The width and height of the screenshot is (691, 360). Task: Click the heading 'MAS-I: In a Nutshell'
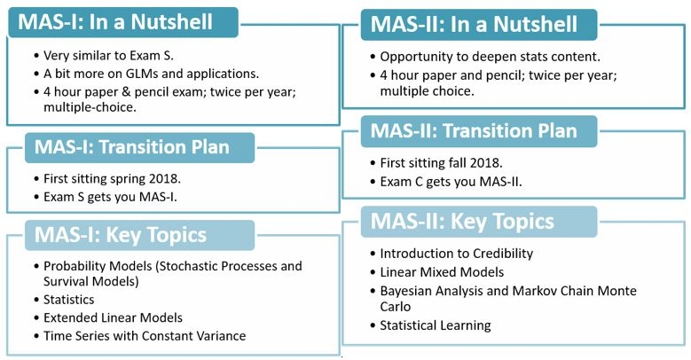tap(115, 21)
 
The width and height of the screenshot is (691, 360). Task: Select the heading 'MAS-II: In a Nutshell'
tap(474, 24)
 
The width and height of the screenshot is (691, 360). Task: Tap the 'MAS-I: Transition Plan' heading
tap(132, 147)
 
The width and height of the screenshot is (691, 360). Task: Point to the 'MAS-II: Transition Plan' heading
tap(474, 131)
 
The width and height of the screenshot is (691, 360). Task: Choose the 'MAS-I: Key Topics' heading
tap(121, 235)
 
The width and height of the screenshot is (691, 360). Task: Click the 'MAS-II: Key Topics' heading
tap(462, 221)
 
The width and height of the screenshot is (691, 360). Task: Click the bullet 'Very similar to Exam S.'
tap(108, 56)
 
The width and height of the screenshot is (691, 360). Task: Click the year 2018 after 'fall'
tap(485, 162)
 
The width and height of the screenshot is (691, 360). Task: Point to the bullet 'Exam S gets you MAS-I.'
tap(110, 197)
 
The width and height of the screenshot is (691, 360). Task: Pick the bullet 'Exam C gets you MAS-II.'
tap(451, 181)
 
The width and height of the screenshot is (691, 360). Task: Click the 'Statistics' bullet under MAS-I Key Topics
tap(69, 300)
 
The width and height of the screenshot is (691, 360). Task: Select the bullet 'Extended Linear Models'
tap(113, 317)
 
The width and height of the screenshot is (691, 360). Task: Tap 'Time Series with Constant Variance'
tap(145, 336)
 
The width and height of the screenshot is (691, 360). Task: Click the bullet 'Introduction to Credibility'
tap(457, 254)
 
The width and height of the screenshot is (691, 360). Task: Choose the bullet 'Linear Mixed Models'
tap(442, 272)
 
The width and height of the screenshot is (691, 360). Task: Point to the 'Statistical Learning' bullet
tap(436, 325)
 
